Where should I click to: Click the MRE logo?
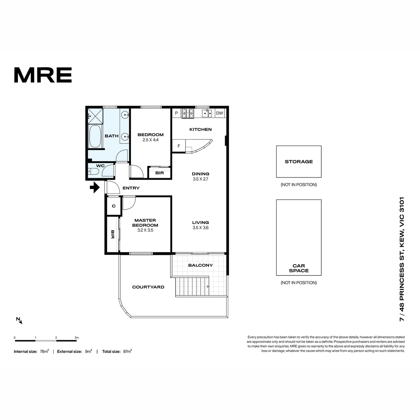tap(43, 75)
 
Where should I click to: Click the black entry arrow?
tap(95, 187)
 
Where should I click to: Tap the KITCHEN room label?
tap(200, 129)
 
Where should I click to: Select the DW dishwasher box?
tap(219, 113)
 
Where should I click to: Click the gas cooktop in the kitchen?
tap(188, 113)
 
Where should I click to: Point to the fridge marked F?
tap(179, 146)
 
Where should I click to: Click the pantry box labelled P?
tap(176, 113)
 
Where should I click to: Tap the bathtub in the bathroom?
tap(95, 136)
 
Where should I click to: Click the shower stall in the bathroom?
tap(95, 116)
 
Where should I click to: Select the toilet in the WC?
tap(93, 171)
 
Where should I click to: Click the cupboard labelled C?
tap(113, 206)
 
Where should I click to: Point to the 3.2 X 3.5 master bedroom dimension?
tap(145, 230)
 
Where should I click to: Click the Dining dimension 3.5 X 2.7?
tap(200, 179)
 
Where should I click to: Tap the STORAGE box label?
tap(299, 161)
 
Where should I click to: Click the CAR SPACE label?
tap(299, 268)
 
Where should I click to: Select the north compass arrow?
tap(19, 320)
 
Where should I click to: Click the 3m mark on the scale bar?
tap(77, 338)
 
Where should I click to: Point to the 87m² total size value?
tap(127, 351)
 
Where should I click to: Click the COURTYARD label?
tap(148, 287)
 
